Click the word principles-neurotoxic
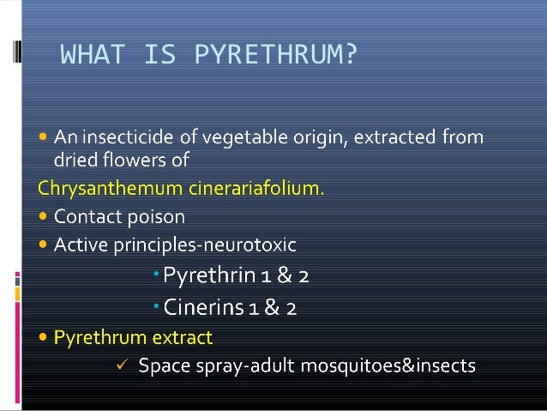click(x=213, y=246)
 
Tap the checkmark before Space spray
click(x=121, y=366)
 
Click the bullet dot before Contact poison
click(x=44, y=216)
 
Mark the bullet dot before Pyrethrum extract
click(x=44, y=337)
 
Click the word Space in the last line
click(x=160, y=366)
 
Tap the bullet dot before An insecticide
click(x=44, y=136)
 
